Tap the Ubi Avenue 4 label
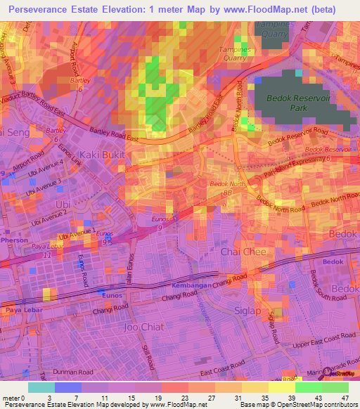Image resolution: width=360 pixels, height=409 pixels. click(x=67, y=167)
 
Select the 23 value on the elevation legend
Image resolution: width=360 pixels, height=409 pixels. click(x=174, y=397)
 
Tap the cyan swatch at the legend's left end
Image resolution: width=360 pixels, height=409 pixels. click(x=41, y=387)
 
